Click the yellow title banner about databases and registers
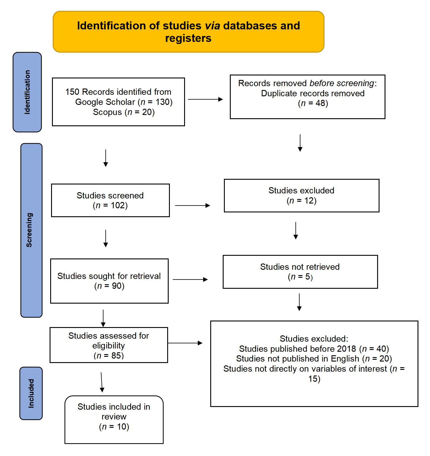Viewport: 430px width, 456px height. coord(188,32)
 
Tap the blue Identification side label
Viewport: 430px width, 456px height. coord(27,92)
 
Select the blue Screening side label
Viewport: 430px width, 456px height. coord(31,230)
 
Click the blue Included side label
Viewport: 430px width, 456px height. coord(31,393)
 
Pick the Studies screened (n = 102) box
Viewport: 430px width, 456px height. coord(110,200)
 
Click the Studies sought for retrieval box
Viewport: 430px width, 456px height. coord(109,281)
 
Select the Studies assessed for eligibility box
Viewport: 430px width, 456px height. coord(109,345)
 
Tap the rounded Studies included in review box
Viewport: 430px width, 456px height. coord(114,419)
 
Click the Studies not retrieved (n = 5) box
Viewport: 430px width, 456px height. coord(300,272)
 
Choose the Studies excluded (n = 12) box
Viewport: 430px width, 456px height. coord(301,195)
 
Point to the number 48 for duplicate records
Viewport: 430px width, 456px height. coord(320,103)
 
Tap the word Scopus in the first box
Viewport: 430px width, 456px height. coord(107,112)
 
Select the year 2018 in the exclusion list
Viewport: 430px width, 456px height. coord(347,349)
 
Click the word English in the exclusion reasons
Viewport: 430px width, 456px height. coord(345,359)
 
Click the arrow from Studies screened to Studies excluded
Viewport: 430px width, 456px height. coord(192,205)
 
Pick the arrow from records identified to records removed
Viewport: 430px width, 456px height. coord(205,99)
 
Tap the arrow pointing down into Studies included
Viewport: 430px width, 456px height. coord(102,382)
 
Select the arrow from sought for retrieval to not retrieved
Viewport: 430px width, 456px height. coord(190,279)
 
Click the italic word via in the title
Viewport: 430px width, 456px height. coord(213,26)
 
